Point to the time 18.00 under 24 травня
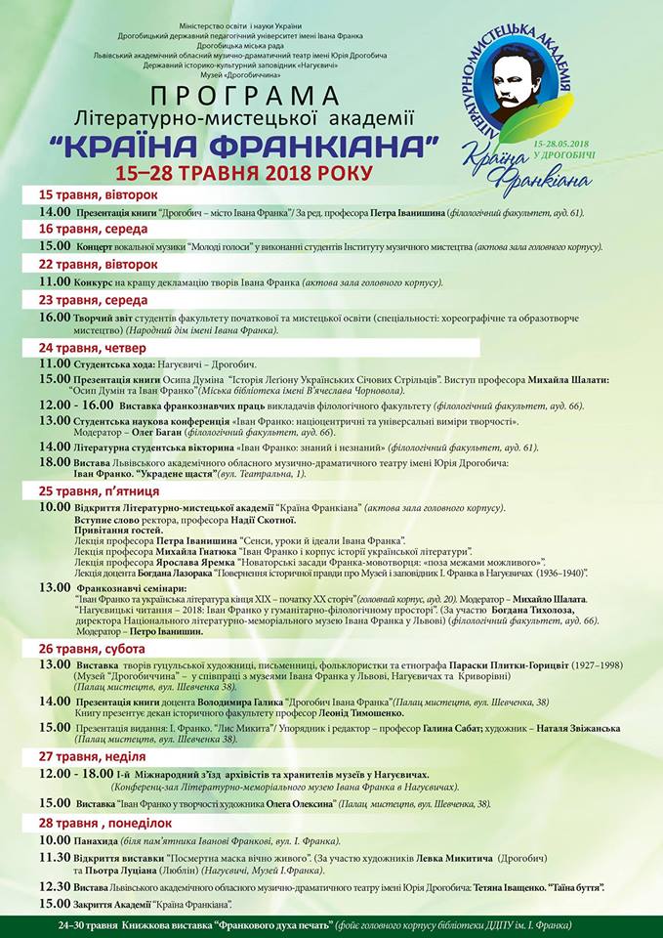point(55,461)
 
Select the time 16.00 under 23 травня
point(55,317)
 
